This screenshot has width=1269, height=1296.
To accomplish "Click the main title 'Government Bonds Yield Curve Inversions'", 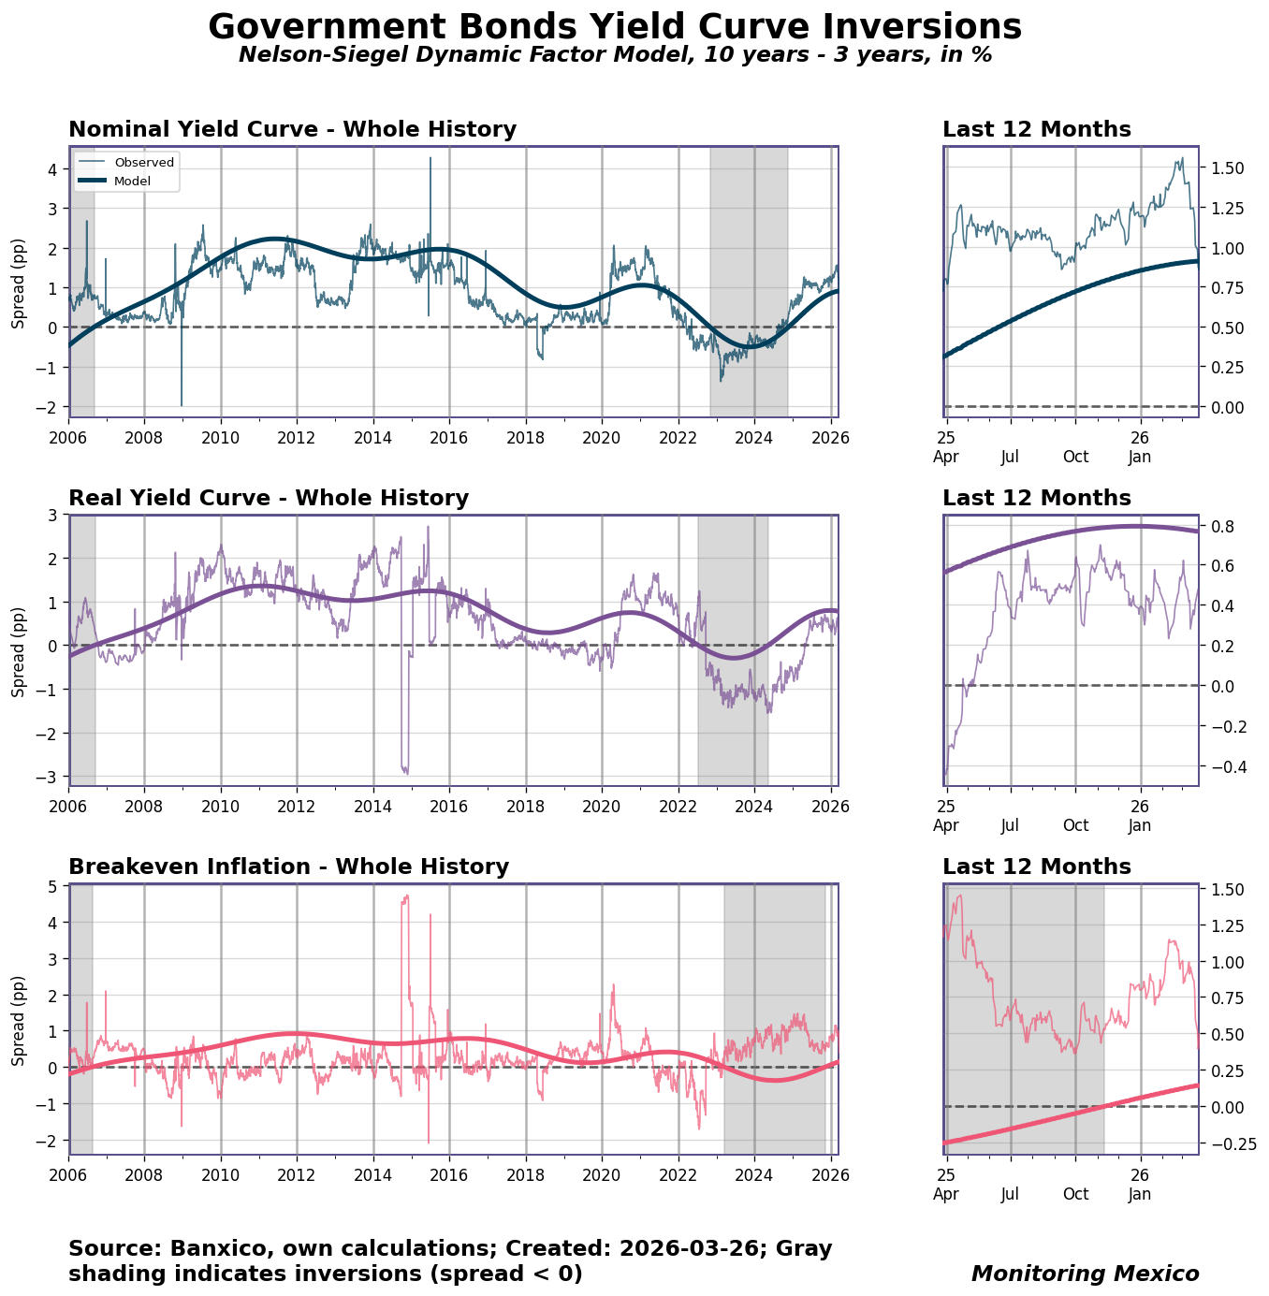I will point(615,27).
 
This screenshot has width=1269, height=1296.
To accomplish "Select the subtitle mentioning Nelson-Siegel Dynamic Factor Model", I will point(615,55).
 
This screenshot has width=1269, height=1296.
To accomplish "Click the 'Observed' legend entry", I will point(144,163).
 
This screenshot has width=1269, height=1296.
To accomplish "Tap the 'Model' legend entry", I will point(132,181).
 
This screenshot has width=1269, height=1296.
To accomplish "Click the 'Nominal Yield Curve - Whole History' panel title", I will point(292,130).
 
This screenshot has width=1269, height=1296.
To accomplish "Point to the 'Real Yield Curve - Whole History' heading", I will point(269,499).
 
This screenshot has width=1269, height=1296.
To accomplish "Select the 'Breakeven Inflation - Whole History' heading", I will point(288,867).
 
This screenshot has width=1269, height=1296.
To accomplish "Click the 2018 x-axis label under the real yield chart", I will point(526,806).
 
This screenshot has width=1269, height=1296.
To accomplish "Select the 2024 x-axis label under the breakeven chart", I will point(754,1174).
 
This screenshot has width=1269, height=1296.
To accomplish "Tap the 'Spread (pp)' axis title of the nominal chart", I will point(19,282).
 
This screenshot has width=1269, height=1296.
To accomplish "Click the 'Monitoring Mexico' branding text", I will point(1085,1274).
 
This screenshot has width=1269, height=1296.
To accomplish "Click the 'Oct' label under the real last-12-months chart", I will point(1075,825).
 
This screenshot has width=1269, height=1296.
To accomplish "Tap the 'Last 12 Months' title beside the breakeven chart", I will point(1036,867).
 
